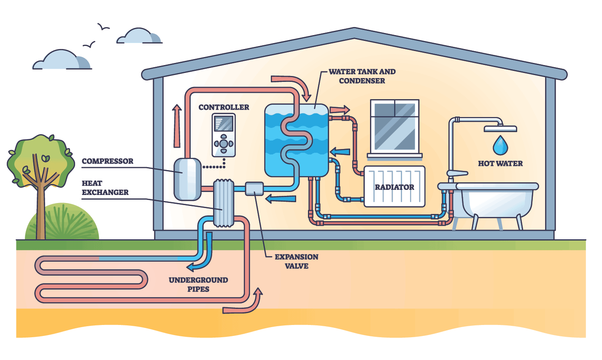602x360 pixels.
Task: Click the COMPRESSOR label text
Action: (107, 161)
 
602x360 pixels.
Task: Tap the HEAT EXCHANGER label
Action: (105, 188)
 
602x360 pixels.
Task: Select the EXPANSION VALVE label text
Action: (296, 261)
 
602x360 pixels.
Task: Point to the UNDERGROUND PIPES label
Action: (198, 284)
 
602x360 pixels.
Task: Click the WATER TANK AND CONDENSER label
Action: (362, 76)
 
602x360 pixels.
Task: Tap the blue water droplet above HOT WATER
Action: (500, 146)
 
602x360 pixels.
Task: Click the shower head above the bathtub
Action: (500, 129)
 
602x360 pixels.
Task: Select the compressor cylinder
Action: (187, 179)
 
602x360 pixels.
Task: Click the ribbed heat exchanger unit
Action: (223, 203)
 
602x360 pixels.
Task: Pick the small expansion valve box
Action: (254, 189)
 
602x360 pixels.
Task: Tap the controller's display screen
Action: (224, 124)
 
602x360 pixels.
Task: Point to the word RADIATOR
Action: (394, 187)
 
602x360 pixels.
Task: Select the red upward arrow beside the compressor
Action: (177, 126)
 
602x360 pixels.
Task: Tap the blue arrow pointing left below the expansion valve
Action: (281, 198)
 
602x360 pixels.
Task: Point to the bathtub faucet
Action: (456, 173)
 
